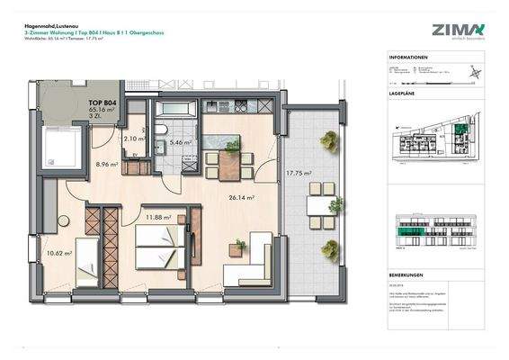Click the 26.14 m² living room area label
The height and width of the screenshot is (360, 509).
tap(241, 197)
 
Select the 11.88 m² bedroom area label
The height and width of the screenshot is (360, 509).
tap(158, 216)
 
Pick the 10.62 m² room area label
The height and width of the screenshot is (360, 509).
tap(58, 254)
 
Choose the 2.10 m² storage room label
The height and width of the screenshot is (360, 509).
tap(134, 139)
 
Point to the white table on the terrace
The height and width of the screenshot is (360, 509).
tap(317, 206)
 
